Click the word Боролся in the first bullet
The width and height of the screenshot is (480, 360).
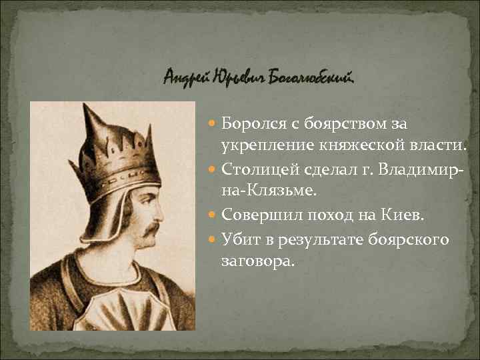coord(249,124)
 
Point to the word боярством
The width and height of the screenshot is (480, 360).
coord(340,124)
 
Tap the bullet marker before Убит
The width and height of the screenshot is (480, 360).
coord(213,239)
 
